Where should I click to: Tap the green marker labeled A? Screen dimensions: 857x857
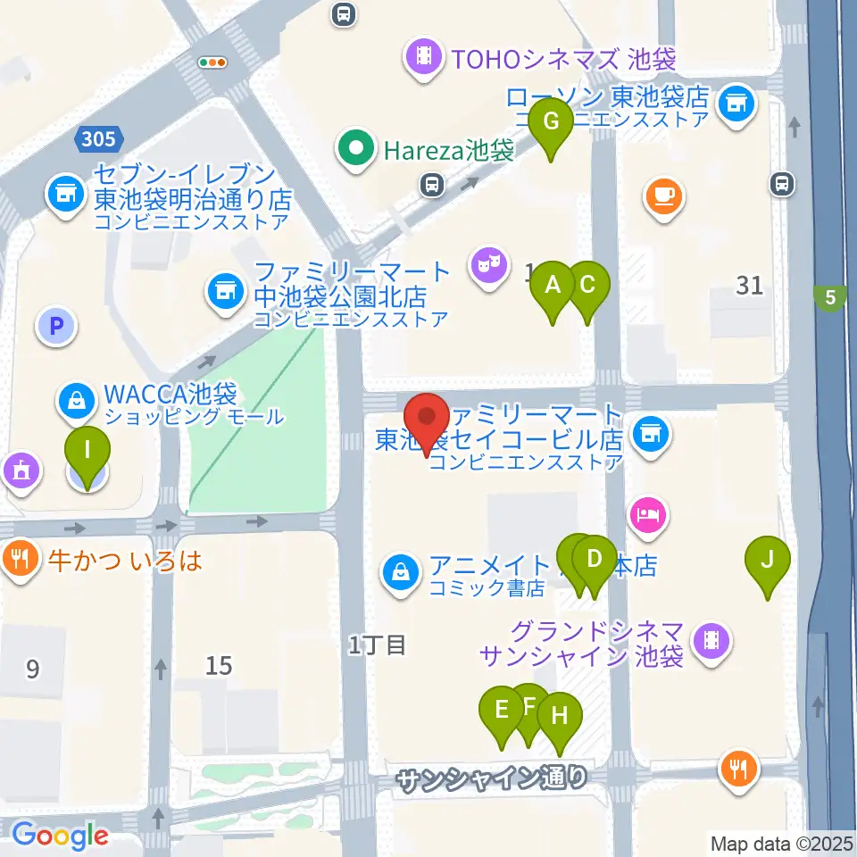(x=553, y=287)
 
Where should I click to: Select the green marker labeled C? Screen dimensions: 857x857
(x=587, y=287)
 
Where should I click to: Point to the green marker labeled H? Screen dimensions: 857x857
(x=560, y=717)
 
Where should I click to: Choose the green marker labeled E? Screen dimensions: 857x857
(x=501, y=711)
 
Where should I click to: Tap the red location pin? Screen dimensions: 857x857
(x=427, y=419)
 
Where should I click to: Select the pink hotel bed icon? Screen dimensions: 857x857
(x=648, y=513)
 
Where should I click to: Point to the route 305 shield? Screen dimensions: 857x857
(x=97, y=139)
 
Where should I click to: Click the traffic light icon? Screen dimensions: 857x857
(x=212, y=62)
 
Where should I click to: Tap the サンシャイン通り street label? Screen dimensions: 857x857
(x=493, y=779)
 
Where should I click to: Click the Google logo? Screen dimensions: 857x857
(x=61, y=836)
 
